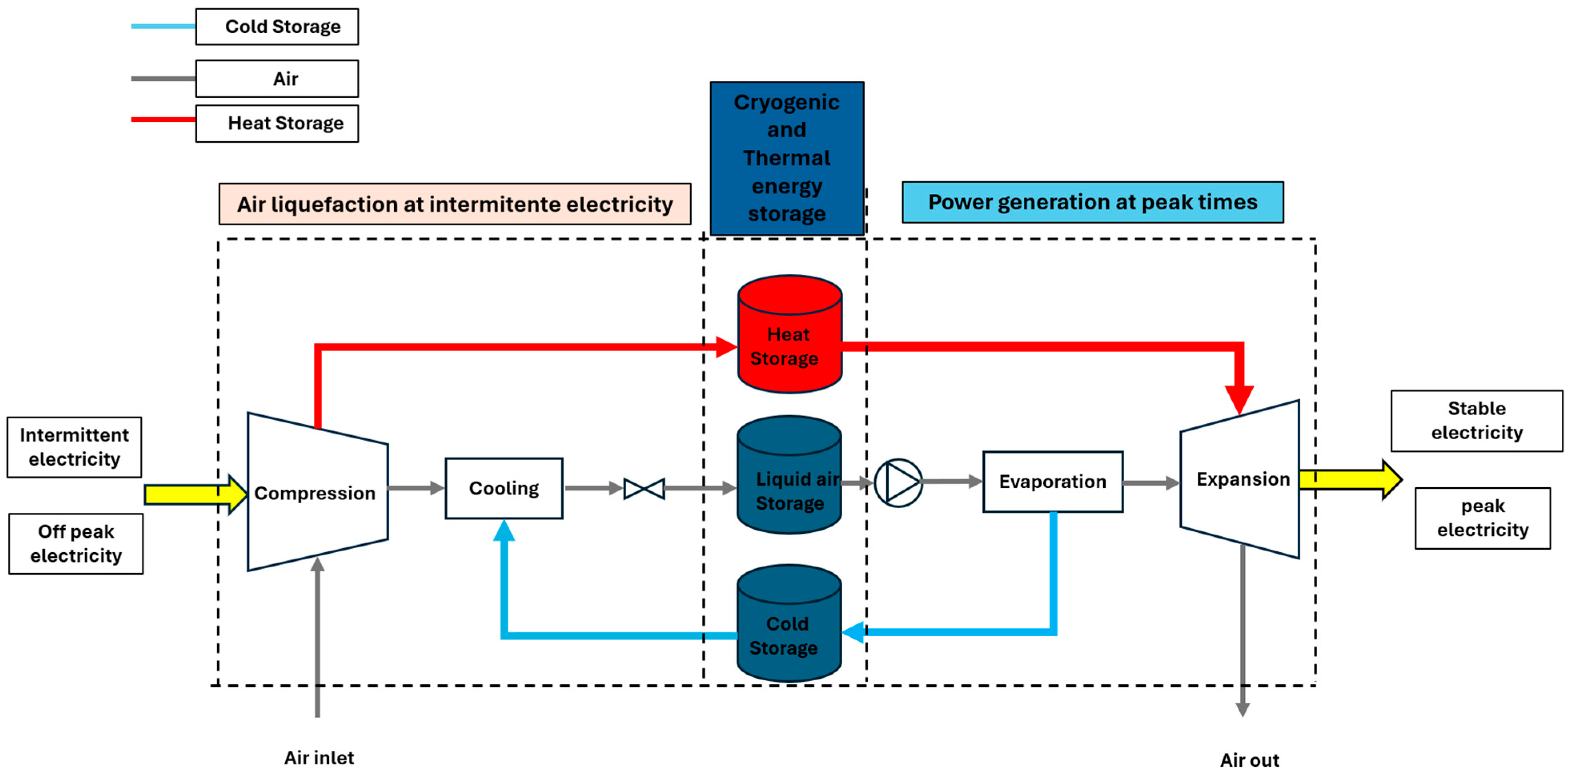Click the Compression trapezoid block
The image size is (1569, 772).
pos(317,493)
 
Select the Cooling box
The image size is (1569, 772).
pos(504,488)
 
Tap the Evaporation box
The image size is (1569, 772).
pos(1052,481)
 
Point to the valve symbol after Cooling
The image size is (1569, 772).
pos(644,489)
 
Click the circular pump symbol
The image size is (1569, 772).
pos(898,482)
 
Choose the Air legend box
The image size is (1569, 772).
pos(277,78)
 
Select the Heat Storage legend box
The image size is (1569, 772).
pos(277,123)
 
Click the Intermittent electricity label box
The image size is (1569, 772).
pos(74,446)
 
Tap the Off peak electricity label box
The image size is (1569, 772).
pos(76,543)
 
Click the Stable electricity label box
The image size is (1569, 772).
pos(1477,420)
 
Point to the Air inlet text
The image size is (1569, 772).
pos(319,757)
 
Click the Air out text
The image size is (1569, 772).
pos(1249,760)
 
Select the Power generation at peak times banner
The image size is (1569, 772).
pos(1092,202)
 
